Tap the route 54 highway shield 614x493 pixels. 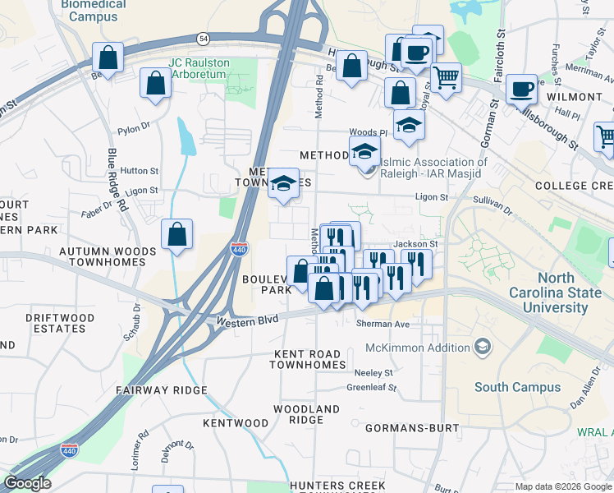203,39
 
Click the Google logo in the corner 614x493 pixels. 27,483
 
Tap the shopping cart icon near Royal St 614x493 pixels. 446,78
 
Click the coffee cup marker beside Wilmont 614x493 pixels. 521,88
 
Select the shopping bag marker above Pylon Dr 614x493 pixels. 155,84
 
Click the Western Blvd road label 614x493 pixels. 244,320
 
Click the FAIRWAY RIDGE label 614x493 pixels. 161,390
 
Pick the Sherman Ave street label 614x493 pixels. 383,325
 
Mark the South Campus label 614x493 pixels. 506,387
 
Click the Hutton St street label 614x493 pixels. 139,171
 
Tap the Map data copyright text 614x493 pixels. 562,486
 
